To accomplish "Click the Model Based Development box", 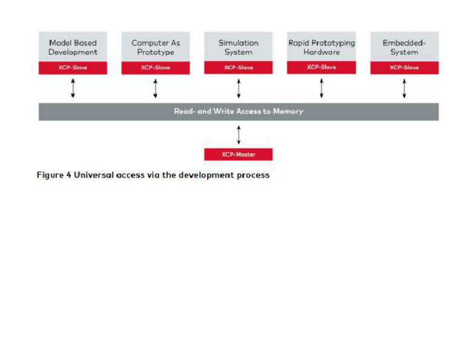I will [73, 47].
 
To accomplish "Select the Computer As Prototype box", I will [156, 47].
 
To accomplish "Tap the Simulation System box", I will [239, 47].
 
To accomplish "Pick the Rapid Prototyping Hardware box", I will [322, 47].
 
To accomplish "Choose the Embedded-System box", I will [404, 47].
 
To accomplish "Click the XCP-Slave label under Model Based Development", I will [73, 67].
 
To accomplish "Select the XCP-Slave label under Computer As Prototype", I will [156, 67].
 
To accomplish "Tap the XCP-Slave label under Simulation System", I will [239, 67].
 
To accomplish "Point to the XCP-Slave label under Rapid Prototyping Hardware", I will [322, 67].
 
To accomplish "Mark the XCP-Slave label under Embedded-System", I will [404, 67].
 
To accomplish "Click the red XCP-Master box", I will [239, 155].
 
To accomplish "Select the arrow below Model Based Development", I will [73, 88].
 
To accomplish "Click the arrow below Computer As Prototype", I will [156, 88].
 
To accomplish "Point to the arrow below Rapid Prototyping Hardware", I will [322, 88].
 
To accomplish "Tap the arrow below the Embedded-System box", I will [404, 88].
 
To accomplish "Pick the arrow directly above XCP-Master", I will [239, 134].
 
